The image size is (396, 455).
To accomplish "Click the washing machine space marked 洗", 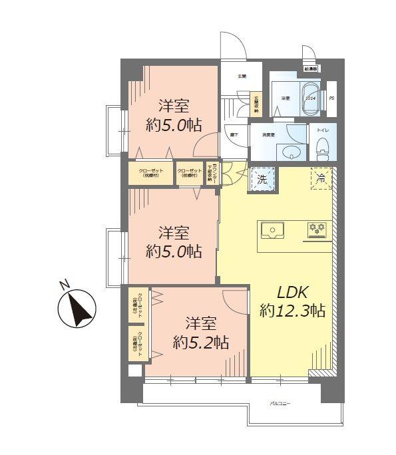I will [x=260, y=179].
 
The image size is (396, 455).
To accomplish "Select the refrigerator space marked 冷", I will [x=320, y=178].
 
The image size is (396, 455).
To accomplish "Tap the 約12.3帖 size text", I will [x=292, y=310].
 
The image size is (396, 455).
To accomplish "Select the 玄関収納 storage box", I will [x=256, y=106].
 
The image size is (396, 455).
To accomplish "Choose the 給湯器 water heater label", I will [x=311, y=69].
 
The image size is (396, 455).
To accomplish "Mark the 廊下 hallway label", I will [x=235, y=134].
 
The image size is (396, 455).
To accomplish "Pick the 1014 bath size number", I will [x=309, y=98].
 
